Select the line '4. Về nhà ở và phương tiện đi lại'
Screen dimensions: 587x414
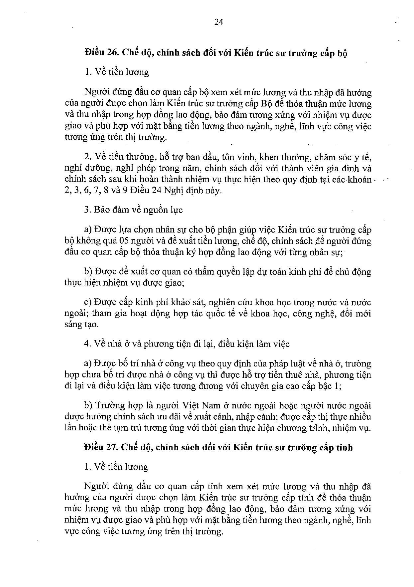click(187, 344)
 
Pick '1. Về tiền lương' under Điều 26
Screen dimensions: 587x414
click(117, 72)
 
